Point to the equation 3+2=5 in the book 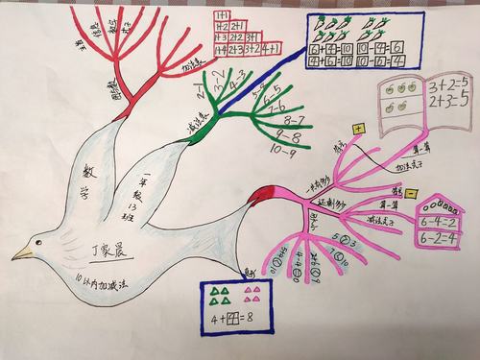point(447,84)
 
